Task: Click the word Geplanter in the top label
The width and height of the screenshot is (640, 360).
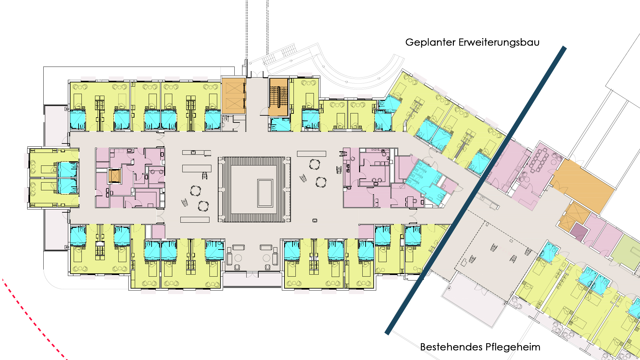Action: pyautogui.click(x=430, y=42)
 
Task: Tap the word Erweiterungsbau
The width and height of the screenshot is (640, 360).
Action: pyautogui.click(x=499, y=42)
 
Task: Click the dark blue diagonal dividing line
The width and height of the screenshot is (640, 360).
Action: pyautogui.click(x=475, y=190)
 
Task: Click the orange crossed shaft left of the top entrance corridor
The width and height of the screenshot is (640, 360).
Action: pyautogui.click(x=233, y=96)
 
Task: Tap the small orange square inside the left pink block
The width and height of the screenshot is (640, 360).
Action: pyautogui.click(x=114, y=176)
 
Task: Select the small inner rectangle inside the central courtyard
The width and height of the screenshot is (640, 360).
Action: pyautogui.click(x=265, y=193)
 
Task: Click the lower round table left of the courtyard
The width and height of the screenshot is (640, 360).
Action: pyautogui.click(x=203, y=206)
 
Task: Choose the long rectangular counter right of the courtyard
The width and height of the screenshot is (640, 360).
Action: pyautogui.click(x=312, y=154)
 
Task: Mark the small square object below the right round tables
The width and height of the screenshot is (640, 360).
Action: pyautogui.click(x=315, y=220)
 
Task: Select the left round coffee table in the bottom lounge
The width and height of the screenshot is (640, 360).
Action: pyautogui.click(x=238, y=258)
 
